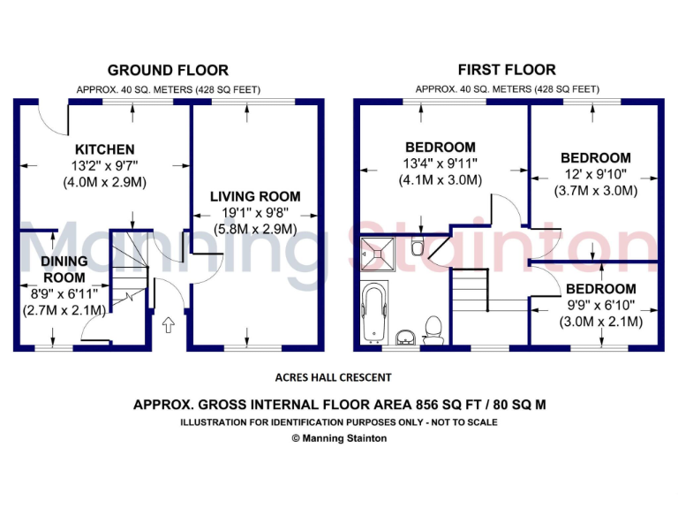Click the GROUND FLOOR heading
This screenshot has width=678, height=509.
click(x=168, y=70)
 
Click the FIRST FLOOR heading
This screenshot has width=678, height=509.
click(x=507, y=70)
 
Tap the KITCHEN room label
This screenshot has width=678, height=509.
click(x=104, y=149)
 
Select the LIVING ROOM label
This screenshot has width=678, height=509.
click(x=254, y=196)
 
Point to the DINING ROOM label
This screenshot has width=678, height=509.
click(x=64, y=269)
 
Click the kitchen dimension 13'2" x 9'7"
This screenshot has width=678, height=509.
click(x=104, y=166)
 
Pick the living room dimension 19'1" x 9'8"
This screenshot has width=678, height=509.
click(x=254, y=213)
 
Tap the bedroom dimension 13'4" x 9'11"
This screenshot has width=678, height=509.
click(x=440, y=163)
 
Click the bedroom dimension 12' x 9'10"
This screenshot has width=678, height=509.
click(x=596, y=174)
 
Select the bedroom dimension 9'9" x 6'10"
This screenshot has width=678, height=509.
click(x=600, y=305)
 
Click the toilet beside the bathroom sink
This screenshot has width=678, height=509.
click(x=433, y=329)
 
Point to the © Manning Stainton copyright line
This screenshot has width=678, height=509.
click(x=339, y=437)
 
